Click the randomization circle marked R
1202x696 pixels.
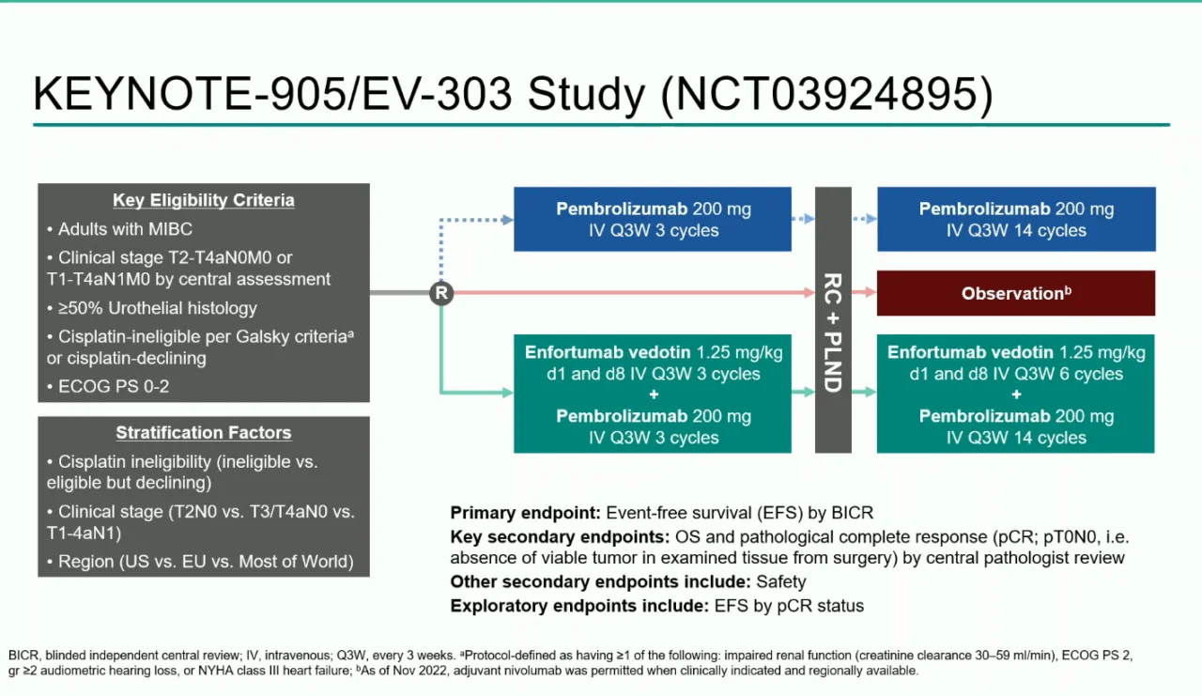point(441,293)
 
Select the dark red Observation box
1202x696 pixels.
point(1016,293)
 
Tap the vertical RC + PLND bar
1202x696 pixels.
point(833,319)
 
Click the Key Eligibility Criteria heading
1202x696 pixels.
point(204,200)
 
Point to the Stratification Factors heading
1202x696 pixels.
point(204,433)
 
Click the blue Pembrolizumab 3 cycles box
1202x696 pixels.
point(653,220)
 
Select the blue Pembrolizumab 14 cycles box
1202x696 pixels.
point(1016,220)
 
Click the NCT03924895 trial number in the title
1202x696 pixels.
point(825,95)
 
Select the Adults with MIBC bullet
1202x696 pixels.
point(125,229)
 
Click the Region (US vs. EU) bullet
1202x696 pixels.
point(206,562)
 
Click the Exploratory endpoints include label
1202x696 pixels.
point(579,606)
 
